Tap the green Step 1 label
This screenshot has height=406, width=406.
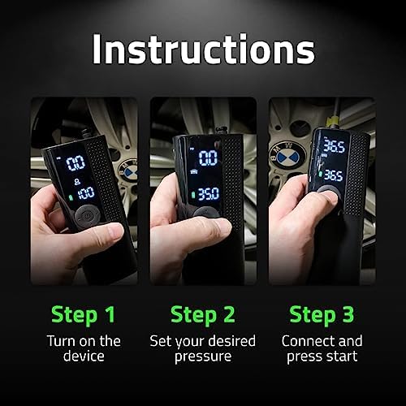pyautogui.click(x=83, y=313)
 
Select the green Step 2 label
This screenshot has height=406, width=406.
pyautogui.click(x=203, y=313)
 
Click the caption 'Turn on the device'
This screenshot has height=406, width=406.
pyautogui.click(x=83, y=348)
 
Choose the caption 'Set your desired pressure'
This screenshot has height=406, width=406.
pyautogui.click(x=203, y=348)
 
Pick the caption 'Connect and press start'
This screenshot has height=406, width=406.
pyautogui.click(x=322, y=348)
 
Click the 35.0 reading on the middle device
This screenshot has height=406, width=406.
pyautogui.click(x=208, y=195)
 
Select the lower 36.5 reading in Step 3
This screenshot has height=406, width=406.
pyautogui.click(x=332, y=173)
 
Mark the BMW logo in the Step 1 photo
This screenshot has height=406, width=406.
pyautogui.click(x=127, y=170)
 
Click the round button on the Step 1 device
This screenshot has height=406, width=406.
pyautogui.click(x=84, y=217)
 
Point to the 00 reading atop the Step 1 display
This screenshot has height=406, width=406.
pyautogui.click(x=76, y=161)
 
